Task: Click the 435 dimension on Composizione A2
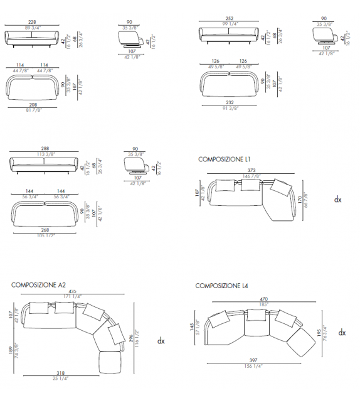(73, 292)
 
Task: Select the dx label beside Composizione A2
(161, 341)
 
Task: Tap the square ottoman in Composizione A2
(110, 363)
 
